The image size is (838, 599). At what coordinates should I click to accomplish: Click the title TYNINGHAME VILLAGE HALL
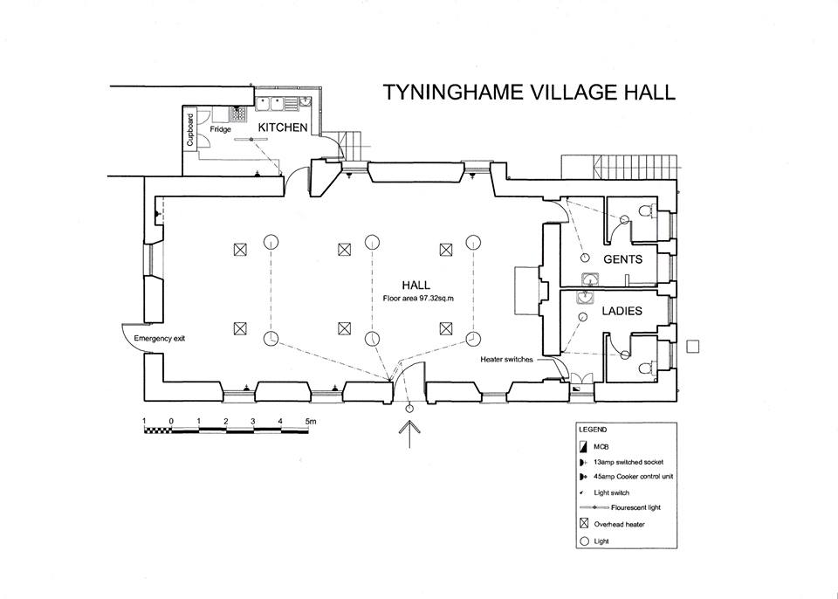(530, 93)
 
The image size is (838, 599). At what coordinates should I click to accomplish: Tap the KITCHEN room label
(281, 127)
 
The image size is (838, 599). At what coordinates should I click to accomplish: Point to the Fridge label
(220, 129)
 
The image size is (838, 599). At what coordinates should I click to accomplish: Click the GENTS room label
(622, 259)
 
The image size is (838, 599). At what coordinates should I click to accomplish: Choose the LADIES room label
(622, 311)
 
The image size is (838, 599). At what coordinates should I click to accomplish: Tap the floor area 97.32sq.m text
(419, 298)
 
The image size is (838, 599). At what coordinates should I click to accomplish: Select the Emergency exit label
(160, 338)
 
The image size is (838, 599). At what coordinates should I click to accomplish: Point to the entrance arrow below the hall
(409, 431)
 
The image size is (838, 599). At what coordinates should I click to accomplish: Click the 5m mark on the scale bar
(310, 421)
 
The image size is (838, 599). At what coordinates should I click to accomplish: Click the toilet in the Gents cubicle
(647, 210)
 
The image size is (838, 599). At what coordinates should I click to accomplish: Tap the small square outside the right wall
(693, 347)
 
